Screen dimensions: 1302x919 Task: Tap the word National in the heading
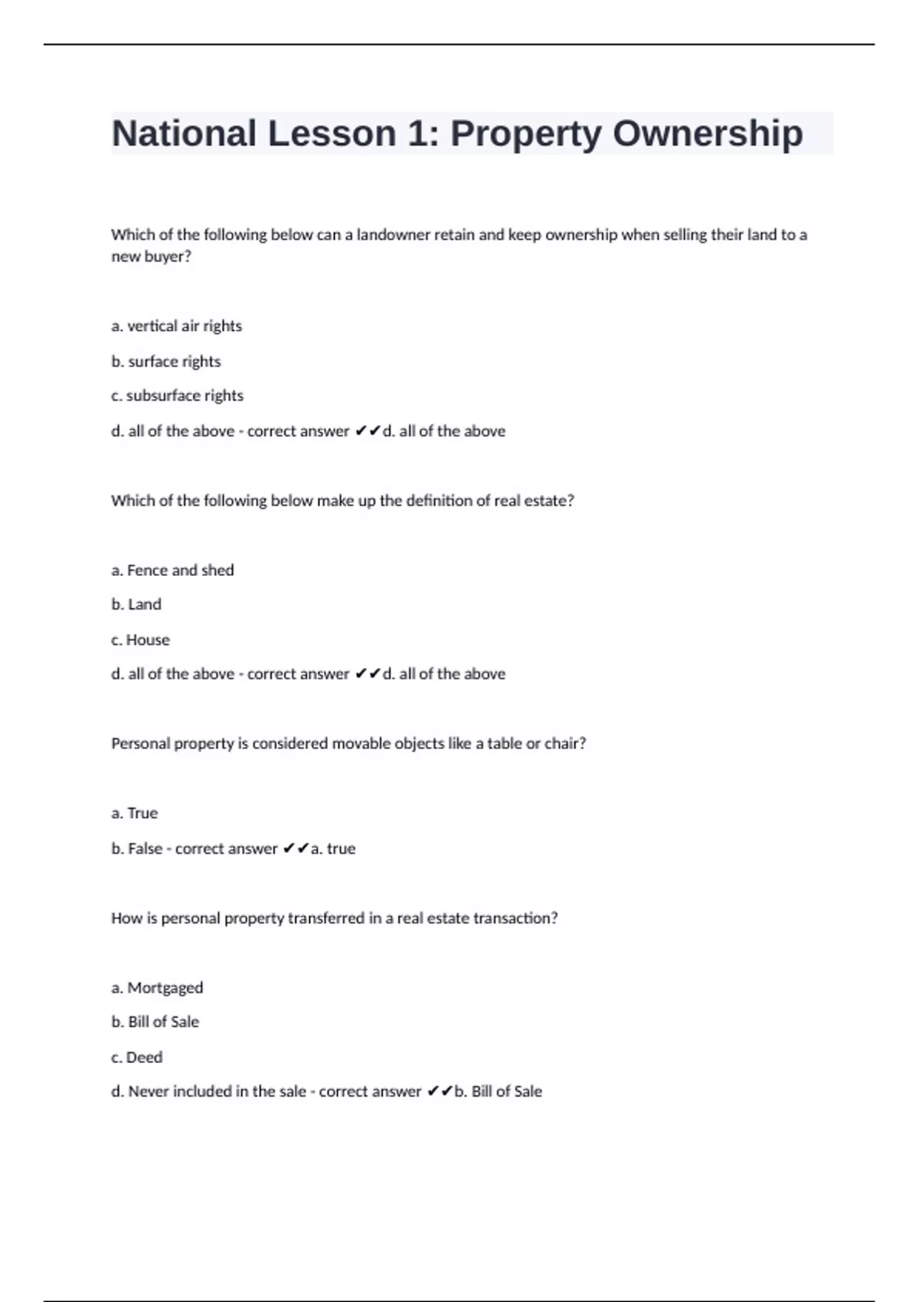[184, 134]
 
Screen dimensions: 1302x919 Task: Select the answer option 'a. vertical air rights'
[176, 326]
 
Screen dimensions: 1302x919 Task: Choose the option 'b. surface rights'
[165, 361]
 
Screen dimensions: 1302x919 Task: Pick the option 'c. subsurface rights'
[177, 396]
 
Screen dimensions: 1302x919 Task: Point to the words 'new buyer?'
[151, 257]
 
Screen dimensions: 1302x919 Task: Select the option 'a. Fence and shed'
[172, 571]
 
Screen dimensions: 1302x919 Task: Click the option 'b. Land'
[136, 605]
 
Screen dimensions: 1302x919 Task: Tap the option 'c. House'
[140, 640]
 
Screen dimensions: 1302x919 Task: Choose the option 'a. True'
[134, 813]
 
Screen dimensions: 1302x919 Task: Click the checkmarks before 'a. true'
[296, 849]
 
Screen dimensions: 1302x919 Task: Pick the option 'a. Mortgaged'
[157, 988]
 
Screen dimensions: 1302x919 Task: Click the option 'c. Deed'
[136, 1058]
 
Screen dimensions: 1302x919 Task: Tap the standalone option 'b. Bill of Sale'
[155, 1022]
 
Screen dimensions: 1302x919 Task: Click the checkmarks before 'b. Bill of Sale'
[440, 1091]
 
